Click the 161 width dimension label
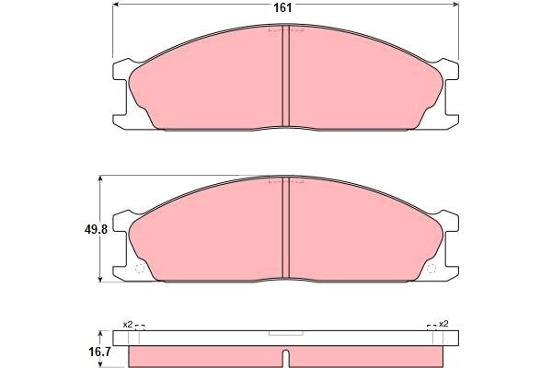282,7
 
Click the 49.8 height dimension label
96,230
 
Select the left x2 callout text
128,325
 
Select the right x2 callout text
443,324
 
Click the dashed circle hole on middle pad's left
140,269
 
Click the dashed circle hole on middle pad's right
431,269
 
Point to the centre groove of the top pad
286,75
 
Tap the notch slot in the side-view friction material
286,358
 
